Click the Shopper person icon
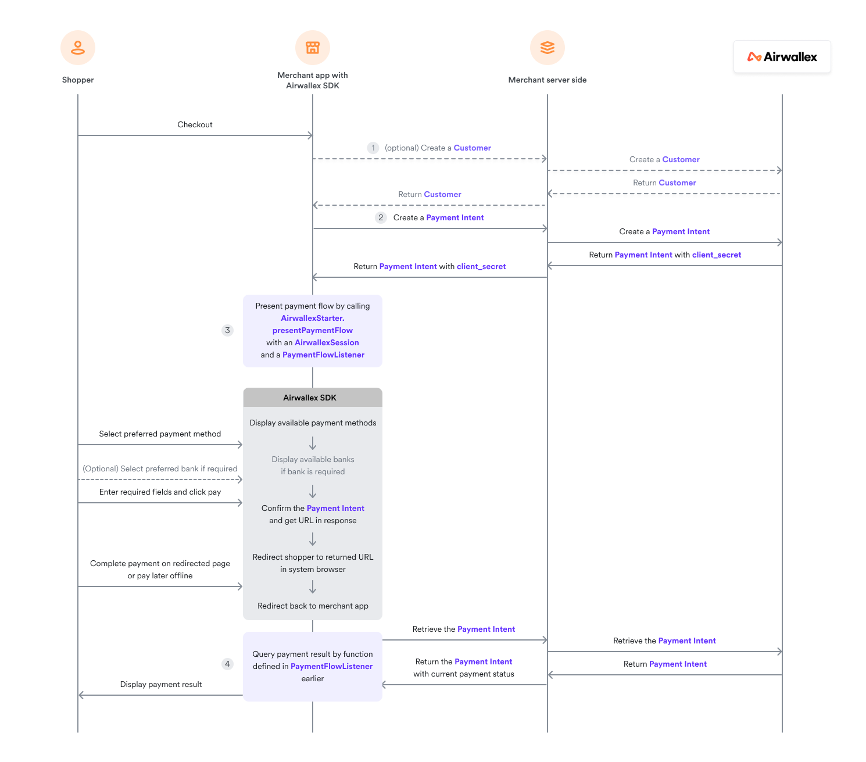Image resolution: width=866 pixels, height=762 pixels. click(78, 48)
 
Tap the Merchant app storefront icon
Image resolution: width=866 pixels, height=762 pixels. click(313, 48)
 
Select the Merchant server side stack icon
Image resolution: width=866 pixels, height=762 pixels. click(547, 48)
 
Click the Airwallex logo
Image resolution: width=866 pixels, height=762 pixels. click(782, 57)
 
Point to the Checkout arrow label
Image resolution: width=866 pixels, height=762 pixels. click(195, 125)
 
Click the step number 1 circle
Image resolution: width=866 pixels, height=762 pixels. click(373, 148)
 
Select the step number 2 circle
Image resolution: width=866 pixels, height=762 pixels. click(381, 218)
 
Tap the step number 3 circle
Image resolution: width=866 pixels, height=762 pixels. click(227, 331)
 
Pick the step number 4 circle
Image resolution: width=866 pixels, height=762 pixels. click(227, 664)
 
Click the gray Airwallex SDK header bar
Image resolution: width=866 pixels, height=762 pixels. click(313, 398)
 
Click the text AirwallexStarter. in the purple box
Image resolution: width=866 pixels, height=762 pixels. click(313, 319)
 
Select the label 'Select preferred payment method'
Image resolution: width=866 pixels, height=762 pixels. click(160, 434)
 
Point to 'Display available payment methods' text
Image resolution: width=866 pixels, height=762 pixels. click(313, 423)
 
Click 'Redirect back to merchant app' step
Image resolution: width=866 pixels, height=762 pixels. click(313, 606)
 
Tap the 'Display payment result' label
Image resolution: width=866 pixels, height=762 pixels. click(161, 685)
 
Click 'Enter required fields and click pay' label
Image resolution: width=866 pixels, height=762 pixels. click(160, 492)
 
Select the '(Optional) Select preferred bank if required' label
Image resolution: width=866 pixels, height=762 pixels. click(160, 469)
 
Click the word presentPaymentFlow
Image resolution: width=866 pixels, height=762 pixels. click(313, 331)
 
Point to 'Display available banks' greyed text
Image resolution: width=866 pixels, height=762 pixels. click(313, 460)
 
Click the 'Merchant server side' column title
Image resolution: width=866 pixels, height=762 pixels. click(547, 80)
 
